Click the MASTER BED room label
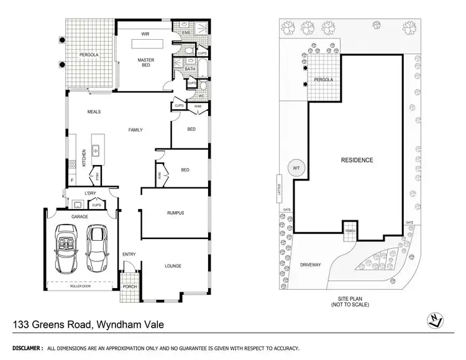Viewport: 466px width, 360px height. click(145, 63)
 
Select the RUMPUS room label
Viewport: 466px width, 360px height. click(176, 213)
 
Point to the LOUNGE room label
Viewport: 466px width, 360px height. click(173, 266)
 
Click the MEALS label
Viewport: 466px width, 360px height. click(94, 112)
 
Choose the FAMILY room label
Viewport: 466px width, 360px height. click(135, 130)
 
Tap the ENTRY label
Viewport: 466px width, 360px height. click(129, 254)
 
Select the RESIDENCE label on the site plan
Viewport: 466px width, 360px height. click(357, 160)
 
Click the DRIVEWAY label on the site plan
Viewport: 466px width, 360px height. click(311, 265)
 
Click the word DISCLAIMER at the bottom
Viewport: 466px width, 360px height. click(25, 349)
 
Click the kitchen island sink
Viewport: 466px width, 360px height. click(96, 149)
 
